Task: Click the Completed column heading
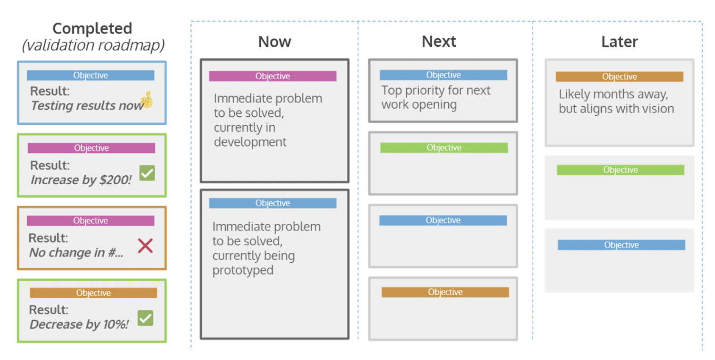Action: tap(92, 29)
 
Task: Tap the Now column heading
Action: tap(275, 42)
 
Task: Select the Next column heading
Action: tap(439, 41)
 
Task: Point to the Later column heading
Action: tap(619, 42)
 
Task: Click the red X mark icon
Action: tap(145, 245)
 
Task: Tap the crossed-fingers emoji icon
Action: tap(147, 100)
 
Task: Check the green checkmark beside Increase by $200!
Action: tap(147, 173)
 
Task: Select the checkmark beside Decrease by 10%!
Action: tap(145, 318)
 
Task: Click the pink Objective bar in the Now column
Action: tap(273, 76)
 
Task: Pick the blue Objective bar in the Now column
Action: tap(273, 203)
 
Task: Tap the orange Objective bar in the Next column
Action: tap(445, 292)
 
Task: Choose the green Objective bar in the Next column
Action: tap(444, 148)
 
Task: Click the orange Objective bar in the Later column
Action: tap(619, 76)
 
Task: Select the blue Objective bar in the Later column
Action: tap(621, 245)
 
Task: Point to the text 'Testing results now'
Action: tap(85, 106)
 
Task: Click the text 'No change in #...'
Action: tap(76, 253)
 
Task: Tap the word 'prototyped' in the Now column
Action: tap(243, 270)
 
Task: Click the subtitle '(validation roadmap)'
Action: tap(93, 46)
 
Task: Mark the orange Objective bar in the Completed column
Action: tap(93, 293)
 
